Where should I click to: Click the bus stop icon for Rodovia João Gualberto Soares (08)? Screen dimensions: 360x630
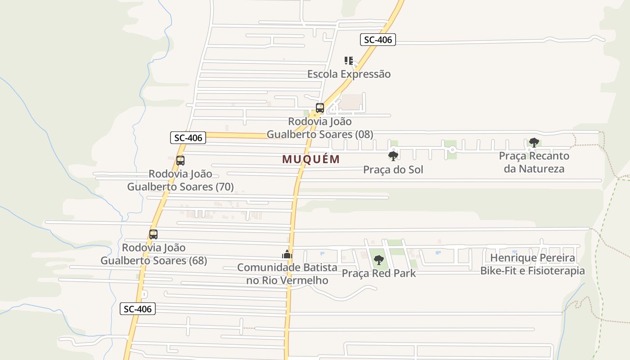click(x=320, y=108)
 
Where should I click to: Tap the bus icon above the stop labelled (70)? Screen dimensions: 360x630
click(x=180, y=161)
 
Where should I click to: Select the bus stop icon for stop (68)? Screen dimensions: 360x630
click(x=153, y=234)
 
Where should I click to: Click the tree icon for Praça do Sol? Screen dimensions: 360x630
click(x=393, y=156)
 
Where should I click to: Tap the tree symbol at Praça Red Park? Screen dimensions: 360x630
click(x=379, y=260)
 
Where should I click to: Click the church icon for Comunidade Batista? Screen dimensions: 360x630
click(x=287, y=255)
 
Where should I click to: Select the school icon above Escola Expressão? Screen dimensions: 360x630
click(x=349, y=60)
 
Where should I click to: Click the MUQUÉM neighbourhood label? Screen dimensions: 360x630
click(x=311, y=159)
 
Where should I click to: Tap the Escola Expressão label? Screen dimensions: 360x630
click(x=349, y=74)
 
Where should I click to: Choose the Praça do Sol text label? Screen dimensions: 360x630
click(x=393, y=170)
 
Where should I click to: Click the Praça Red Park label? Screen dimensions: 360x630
click(x=379, y=273)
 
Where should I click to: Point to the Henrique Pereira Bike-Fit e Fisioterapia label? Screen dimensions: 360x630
click(x=532, y=264)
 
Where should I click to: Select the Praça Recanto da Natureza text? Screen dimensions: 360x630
click(x=534, y=162)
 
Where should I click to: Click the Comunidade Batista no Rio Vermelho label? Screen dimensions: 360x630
click(x=287, y=274)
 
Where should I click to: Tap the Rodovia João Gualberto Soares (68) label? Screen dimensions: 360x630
click(x=153, y=254)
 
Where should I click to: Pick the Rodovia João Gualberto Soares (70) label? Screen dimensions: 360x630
click(x=180, y=180)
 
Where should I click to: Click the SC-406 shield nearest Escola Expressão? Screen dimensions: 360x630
click(x=378, y=40)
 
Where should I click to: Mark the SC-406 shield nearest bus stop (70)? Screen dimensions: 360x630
click(x=188, y=138)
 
